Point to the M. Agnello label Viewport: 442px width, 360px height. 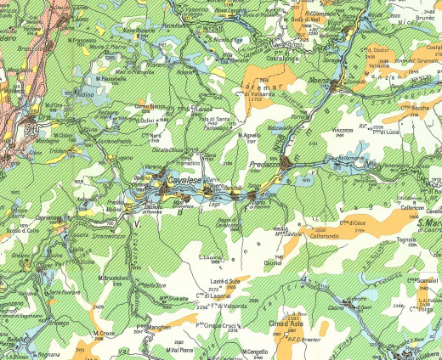(249, 135)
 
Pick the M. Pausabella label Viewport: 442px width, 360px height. (110, 79)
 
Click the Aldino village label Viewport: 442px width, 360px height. (85, 94)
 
